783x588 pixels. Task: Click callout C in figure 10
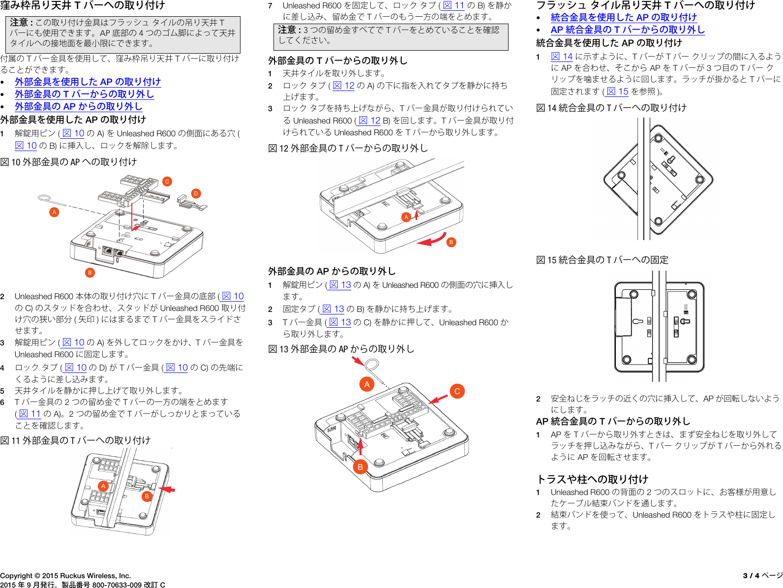(167, 182)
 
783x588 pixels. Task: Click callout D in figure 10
(196, 193)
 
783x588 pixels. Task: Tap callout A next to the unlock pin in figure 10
(54, 212)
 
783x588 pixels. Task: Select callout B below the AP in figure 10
(90, 273)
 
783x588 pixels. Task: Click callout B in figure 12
(451, 242)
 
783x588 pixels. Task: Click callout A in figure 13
(367, 384)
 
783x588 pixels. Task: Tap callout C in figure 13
(457, 391)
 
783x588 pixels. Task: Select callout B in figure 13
(360, 467)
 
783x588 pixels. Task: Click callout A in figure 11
(103, 486)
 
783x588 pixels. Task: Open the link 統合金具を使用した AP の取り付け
(623, 17)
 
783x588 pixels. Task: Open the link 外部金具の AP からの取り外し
(78, 106)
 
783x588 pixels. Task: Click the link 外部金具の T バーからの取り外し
(84, 94)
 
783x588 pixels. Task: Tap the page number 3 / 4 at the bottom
(751, 575)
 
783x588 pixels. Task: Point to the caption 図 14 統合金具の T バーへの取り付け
(611, 108)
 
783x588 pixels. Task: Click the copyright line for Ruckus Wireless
(65, 575)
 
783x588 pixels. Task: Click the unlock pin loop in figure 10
(44, 198)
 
